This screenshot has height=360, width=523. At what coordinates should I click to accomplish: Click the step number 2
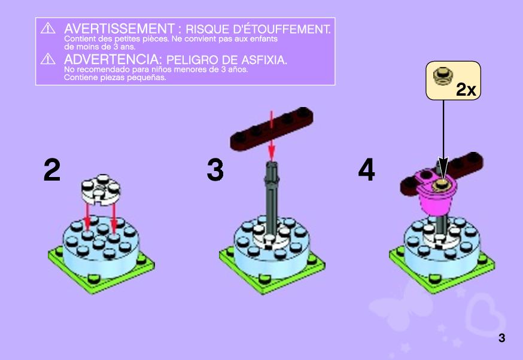52,170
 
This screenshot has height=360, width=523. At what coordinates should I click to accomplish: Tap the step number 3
215,170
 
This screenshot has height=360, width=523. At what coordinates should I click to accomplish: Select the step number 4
367,170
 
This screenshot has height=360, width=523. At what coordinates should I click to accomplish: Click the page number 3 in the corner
501,338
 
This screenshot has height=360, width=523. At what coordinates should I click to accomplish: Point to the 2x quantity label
466,89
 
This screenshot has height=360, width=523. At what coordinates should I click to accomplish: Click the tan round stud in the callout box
442,77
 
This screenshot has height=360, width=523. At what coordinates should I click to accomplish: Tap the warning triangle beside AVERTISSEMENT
48,28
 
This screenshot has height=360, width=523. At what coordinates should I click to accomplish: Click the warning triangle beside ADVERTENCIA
48,59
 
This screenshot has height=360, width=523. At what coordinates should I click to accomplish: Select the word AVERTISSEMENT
120,29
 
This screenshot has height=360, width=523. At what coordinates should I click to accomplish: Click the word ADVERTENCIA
112,60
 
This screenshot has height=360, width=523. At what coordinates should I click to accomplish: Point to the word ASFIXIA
264,60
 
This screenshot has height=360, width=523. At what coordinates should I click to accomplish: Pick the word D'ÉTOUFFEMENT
282,29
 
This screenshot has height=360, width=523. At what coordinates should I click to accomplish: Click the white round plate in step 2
101,190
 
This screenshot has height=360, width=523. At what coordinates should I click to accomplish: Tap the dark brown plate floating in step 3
272,129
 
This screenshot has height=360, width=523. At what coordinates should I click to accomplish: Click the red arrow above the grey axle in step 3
272,136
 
